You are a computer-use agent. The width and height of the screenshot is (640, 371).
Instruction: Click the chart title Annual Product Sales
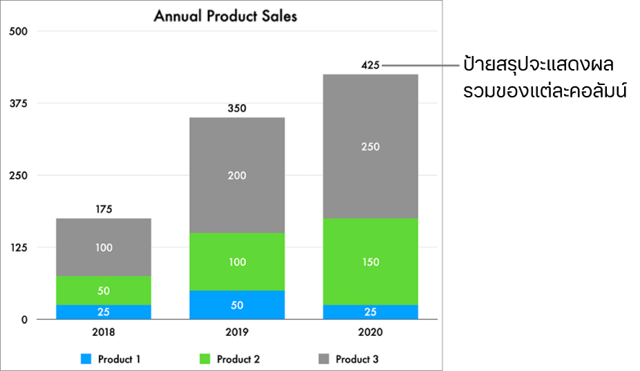point(225,16)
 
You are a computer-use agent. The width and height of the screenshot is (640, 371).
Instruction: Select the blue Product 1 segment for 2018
point(104,312)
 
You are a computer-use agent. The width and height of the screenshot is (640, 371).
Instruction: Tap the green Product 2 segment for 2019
point(237,261)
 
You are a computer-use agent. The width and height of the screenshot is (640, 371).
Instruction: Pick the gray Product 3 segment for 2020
point(370,146)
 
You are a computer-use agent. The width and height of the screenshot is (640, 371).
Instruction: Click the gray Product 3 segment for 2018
point(104,247)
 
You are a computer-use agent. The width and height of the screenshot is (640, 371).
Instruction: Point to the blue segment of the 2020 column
point(370,312)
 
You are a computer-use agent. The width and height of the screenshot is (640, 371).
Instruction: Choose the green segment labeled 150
point(370,261)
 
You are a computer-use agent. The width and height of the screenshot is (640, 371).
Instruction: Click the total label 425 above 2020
point(370,66)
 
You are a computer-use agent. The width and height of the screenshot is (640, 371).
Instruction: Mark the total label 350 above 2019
point(237,108)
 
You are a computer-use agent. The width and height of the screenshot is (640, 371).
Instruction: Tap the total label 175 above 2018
point(104,209)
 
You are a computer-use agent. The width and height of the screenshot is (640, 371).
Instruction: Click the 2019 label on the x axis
point(237,332)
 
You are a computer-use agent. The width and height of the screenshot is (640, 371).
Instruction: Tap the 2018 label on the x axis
point(104,332)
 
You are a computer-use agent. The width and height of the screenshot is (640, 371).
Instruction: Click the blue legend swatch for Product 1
point(86,359)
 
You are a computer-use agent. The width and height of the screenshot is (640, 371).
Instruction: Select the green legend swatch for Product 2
point(205,359)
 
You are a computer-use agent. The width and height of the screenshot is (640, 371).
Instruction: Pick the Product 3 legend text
point(357,359)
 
